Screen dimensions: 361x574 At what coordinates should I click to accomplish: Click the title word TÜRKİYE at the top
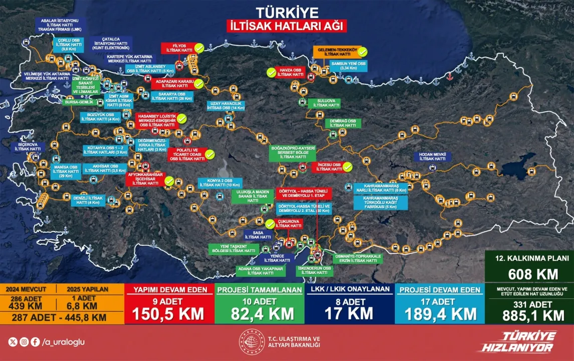[286, 12]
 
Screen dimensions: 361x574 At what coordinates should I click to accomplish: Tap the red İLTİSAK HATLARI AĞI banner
[286, 26]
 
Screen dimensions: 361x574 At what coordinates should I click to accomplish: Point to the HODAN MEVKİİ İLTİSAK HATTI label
[433, 156]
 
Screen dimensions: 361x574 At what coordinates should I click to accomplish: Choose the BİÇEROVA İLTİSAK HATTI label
[28, 147]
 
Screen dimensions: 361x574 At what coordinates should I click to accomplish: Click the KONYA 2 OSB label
[220, 183]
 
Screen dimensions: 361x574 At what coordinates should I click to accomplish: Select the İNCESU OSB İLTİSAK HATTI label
[329, 167]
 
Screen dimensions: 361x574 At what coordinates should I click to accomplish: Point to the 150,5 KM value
[168, 314]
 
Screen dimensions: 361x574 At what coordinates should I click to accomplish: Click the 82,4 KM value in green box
[259, 314]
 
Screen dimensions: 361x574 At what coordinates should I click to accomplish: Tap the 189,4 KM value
[439, 314]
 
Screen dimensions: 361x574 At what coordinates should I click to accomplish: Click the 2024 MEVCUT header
[31, 289]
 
